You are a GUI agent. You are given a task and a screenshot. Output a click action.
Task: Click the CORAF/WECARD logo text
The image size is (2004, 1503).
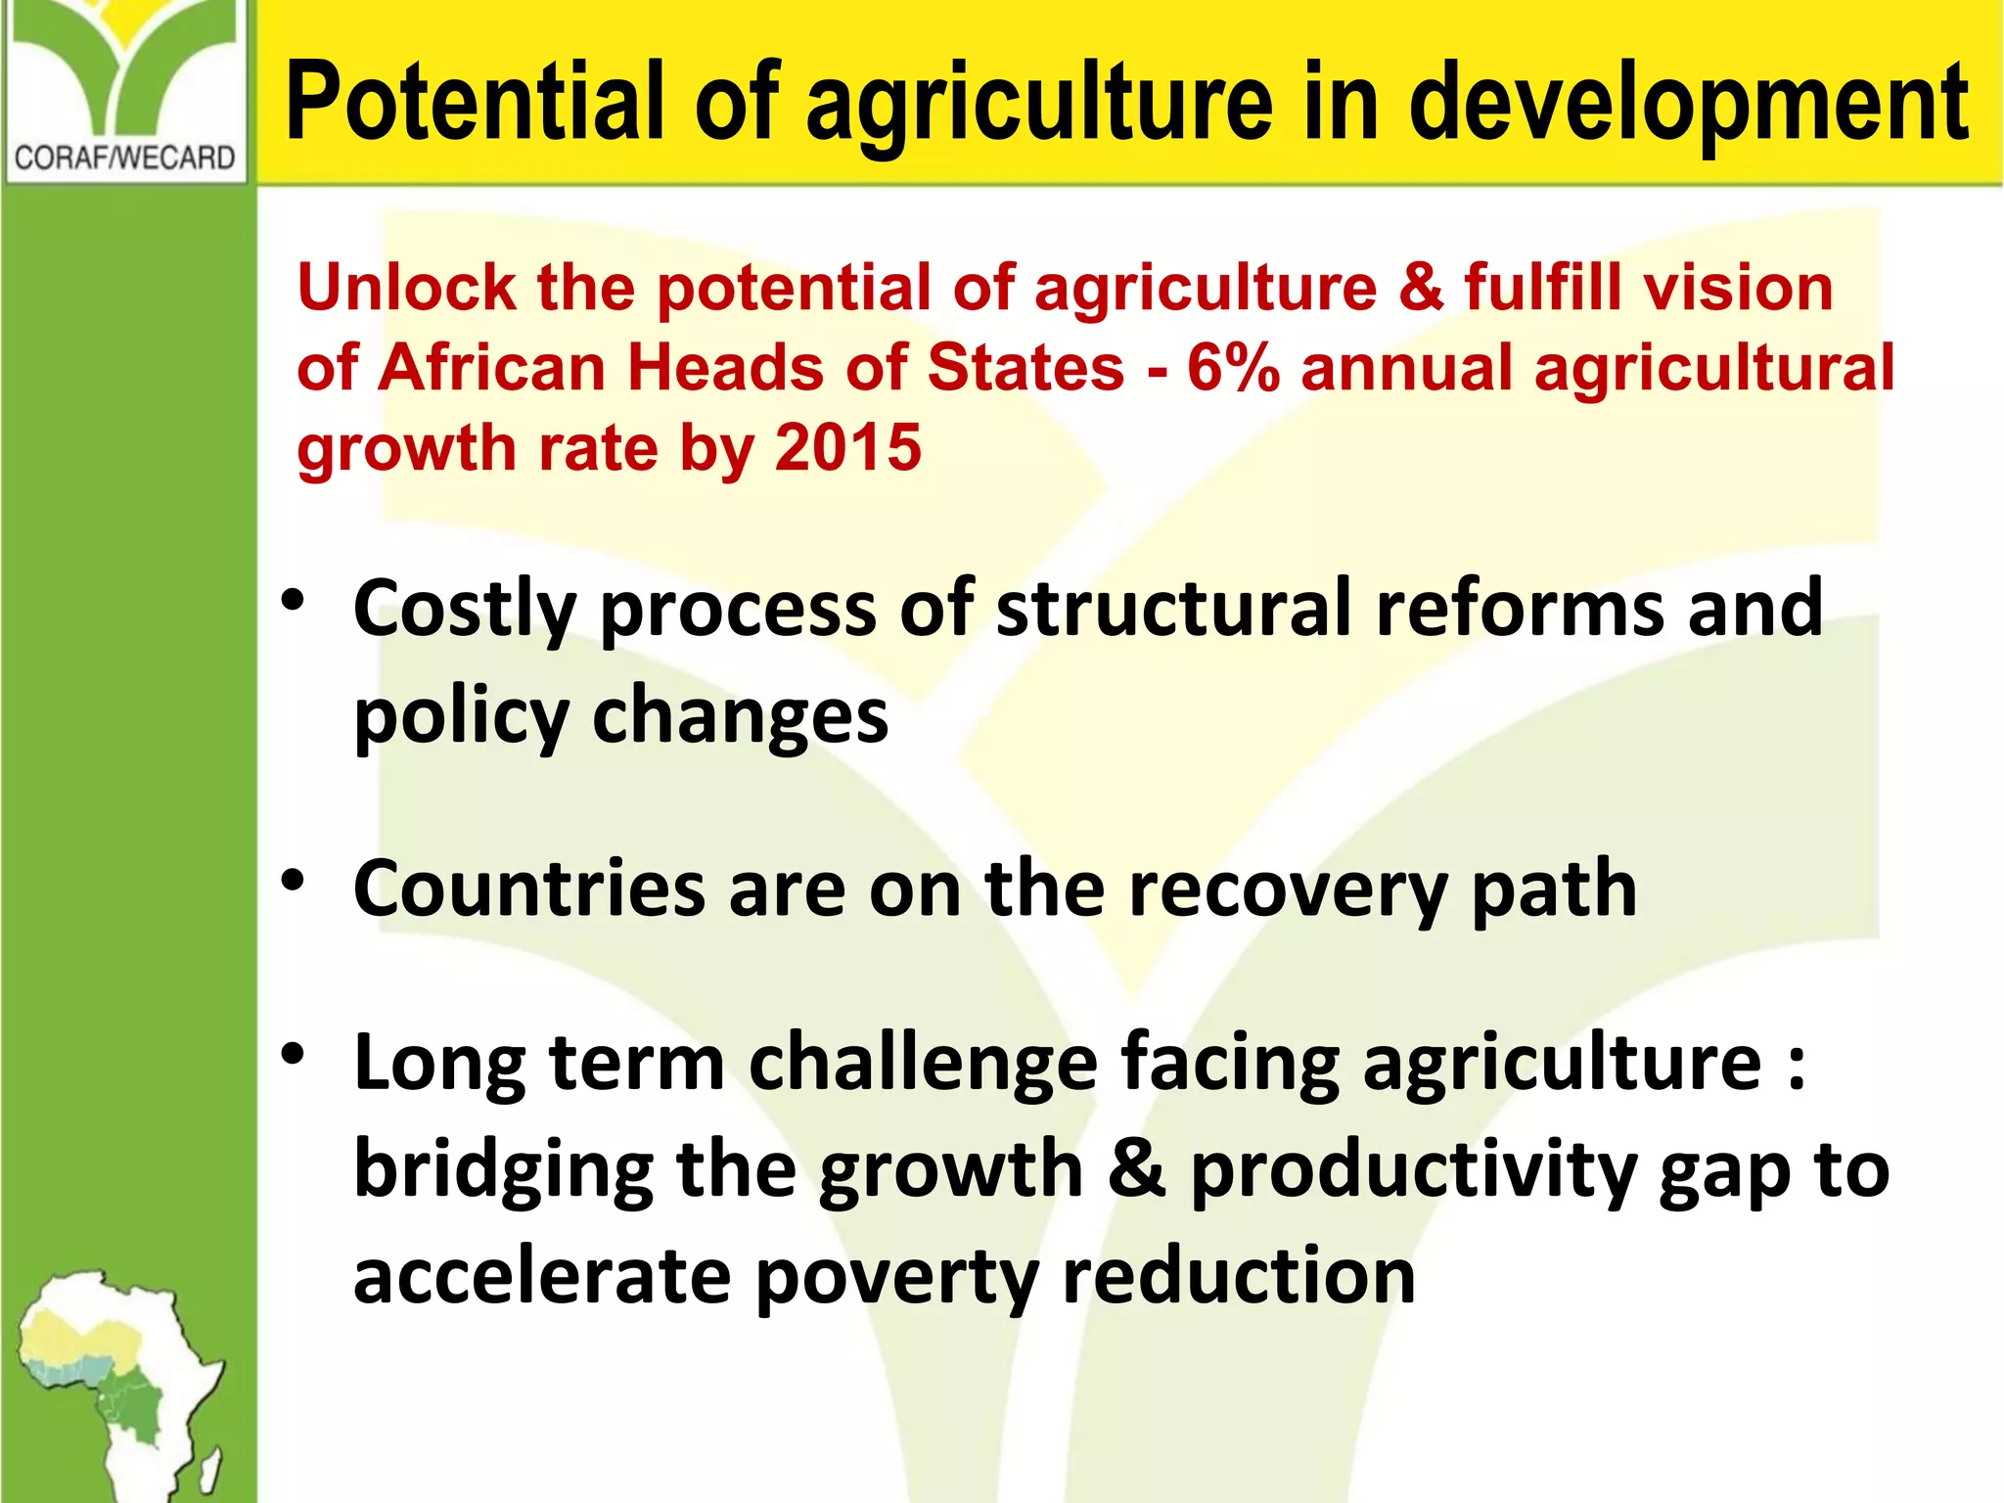coord(125,158)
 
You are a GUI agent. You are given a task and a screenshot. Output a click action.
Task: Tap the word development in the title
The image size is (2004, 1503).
coord(1688,102)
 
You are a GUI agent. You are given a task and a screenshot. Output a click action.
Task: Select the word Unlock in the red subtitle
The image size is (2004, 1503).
coord(405,288)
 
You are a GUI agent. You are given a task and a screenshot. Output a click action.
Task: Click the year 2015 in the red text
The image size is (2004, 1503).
coord(847,448)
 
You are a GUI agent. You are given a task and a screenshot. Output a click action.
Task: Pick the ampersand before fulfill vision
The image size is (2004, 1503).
coord(1421,288)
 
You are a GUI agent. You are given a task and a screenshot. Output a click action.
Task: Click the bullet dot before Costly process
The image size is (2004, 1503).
coord(293,600)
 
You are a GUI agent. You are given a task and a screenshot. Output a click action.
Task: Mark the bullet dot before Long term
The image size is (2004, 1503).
coord(293,1054)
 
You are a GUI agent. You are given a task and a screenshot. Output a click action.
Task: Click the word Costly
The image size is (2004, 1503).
coord(464,611)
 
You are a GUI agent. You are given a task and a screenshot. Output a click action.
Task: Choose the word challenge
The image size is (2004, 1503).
coord(923,1065)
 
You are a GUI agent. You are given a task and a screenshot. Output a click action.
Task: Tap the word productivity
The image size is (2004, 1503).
coord(1413,1171)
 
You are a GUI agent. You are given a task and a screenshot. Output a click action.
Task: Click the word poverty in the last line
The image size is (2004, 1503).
coord(895,1279)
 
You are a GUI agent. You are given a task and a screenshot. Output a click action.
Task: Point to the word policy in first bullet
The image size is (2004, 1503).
coord(461,718)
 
